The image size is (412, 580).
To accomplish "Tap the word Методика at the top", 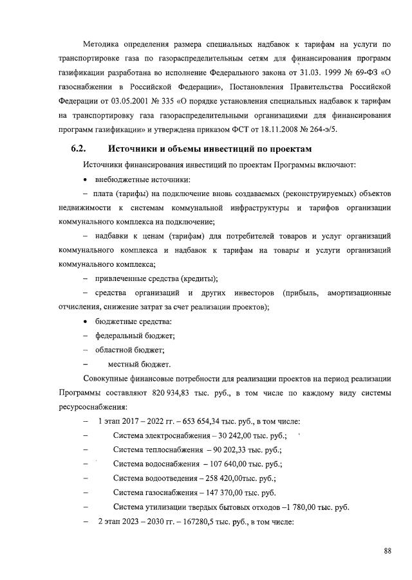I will coord(103,44).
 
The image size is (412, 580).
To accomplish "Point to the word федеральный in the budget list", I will coord(120,336).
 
